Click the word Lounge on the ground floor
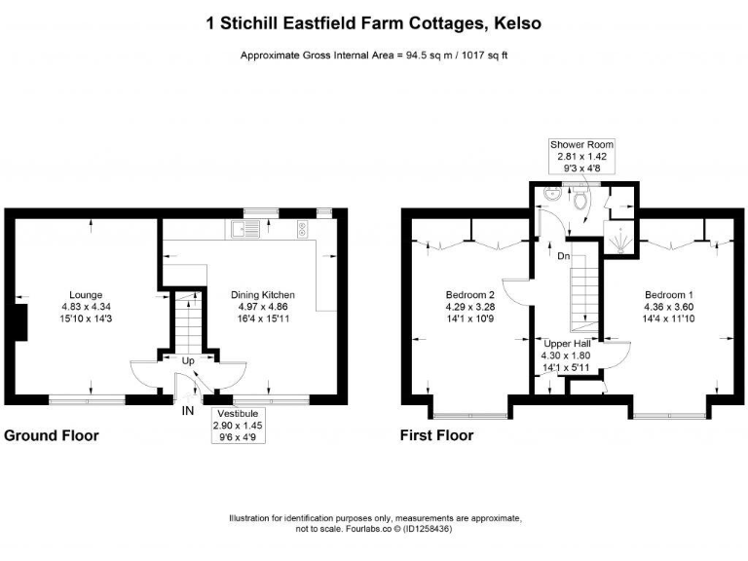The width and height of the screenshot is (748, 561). tap(86, 294)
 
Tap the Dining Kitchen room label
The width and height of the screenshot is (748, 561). tap(262, 294)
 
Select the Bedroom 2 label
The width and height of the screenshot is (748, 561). tap(470, 294)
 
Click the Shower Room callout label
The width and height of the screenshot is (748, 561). tap(581, 144)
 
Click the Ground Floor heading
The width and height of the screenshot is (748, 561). tap(52, 436)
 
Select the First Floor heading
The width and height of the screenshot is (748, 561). tap(436, 436)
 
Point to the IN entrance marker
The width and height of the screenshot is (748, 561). tap(188, 410)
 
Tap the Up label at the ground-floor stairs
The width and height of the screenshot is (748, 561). tap(188, 360)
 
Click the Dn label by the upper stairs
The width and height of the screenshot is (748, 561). tap(563, 257)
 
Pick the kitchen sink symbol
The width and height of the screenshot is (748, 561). tap(244, 231)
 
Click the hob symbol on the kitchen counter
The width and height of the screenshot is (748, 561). tap(302, 231)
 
